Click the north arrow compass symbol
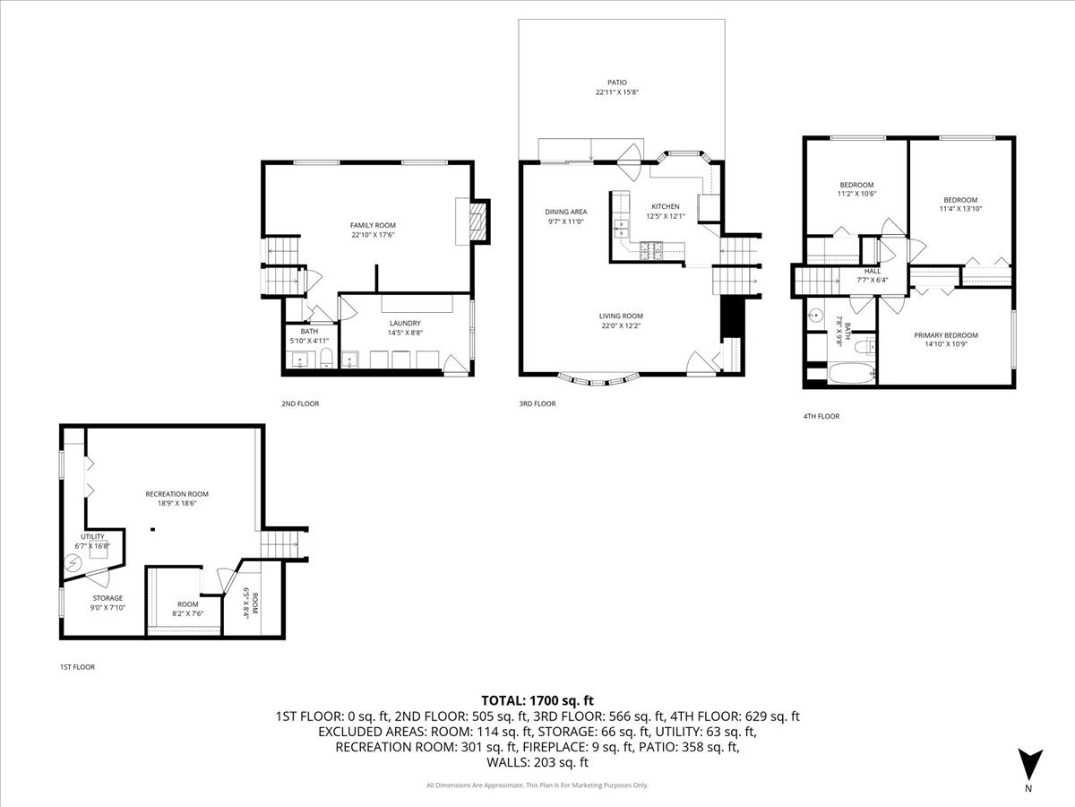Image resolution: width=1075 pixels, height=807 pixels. [x=1030, y=764]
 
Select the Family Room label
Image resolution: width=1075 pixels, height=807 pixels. [x=373, y=225]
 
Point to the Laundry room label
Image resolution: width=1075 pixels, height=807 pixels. [x=405, y=323]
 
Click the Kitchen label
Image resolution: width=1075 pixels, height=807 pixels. [x=665, y=206]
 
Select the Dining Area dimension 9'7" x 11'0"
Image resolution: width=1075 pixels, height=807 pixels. [x=565, y=221]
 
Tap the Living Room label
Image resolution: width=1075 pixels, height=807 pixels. [x=621, y=316]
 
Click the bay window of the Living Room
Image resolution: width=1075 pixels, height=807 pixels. [x=598, y=379]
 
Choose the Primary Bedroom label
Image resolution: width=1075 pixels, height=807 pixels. [x=945, y=335]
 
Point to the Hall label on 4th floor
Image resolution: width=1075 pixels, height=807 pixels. [x=872, y=271]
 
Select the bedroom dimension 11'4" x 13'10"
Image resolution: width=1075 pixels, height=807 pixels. [x=959, y=210]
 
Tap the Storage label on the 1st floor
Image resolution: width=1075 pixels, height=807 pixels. [x=107, y=598]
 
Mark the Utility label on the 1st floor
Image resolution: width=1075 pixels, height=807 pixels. [x=93, y=536]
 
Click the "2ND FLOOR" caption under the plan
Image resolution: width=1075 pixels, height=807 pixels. [x=300, y=403]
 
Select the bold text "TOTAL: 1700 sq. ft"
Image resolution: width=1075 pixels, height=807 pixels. [x=537, y=699]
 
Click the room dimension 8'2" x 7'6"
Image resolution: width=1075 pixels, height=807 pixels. [x=187, y=613]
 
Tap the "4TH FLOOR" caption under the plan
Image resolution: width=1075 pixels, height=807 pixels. [x=821, y=416]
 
